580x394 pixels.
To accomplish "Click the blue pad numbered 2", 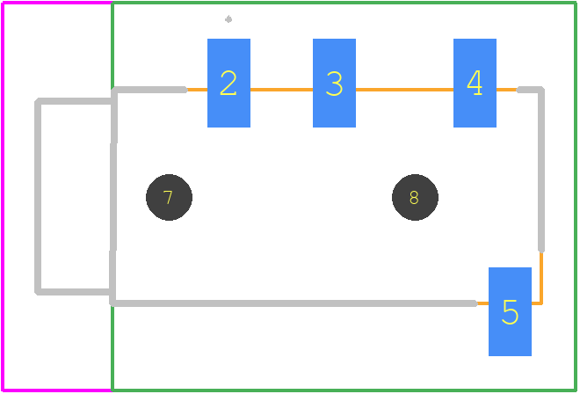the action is (228, 83).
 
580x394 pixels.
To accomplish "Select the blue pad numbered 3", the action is (334, 83).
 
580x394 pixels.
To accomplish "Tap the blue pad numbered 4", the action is (475, 83).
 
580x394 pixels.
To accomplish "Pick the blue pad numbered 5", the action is (510, 311).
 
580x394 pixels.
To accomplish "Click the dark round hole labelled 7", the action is (169, 197).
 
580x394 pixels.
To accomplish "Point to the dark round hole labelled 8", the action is (415, 197).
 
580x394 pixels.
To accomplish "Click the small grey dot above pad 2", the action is (228, 18).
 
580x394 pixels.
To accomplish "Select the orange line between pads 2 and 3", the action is (281, 90).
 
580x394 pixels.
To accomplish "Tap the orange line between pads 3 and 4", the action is (404, 90).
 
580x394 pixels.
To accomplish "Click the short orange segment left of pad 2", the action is (197, 90).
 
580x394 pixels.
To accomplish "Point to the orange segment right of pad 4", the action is (507, 90).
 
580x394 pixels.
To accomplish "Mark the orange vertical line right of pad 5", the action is (541, 278).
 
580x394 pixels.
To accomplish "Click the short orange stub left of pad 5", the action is (482, 303).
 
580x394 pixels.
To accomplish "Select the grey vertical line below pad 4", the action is (541, 171).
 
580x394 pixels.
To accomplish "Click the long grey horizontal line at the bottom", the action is (294, 303).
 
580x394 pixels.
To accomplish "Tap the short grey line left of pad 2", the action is (150, 90).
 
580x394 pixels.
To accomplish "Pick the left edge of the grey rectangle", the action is (38, 196).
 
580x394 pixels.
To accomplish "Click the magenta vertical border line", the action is (3, 196).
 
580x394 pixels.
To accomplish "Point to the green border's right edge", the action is (576, 196).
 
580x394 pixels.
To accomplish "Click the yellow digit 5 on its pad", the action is (510, 312).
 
